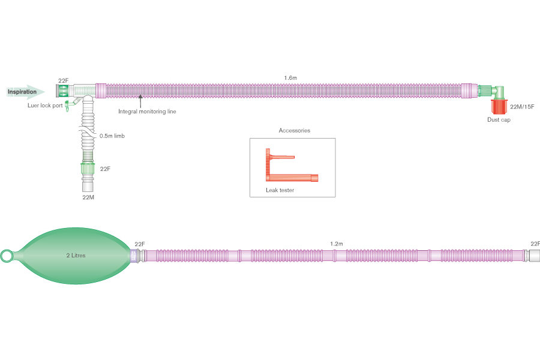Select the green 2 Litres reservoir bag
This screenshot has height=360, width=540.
[76, 256]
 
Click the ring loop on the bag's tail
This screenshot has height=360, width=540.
[7, 256]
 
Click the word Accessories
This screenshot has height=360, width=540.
[294, 130]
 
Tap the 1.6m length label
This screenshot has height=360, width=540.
[290, 78]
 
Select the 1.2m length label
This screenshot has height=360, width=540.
[336, 244]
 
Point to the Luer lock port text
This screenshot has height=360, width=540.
[45, 106]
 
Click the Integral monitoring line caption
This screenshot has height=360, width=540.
[147, 111]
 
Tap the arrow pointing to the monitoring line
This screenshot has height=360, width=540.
[140, 100]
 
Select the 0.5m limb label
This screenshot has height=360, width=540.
[112, 136]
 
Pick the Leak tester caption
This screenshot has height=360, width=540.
[280, 190]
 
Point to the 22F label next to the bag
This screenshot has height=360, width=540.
[140, 244]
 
